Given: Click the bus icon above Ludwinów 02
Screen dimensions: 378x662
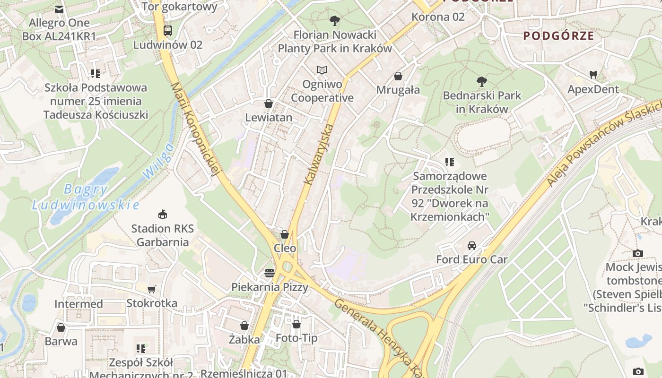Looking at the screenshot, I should (x=167, y=31).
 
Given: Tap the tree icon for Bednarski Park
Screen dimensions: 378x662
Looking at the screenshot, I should (x=482, y=82).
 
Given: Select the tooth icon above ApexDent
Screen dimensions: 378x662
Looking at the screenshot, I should (x=593, y=75).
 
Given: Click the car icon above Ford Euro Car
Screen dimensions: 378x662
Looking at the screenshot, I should (x=471, y=246).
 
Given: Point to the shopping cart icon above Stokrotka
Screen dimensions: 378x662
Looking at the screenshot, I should (x=151, y=289).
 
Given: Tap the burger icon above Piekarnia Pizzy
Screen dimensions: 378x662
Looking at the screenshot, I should (x=270, y=273).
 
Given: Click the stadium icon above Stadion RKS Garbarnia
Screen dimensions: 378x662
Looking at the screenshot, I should (x=163, y=215).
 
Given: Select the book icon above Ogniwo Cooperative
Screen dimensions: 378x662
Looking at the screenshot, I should (x=322, y=70).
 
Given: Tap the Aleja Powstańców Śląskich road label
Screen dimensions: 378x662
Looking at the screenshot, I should (x=604, y=144).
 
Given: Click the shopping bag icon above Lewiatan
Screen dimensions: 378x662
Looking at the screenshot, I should (x=269, y=103).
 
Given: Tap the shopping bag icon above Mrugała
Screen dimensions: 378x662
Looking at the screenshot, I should (x=398, y=76).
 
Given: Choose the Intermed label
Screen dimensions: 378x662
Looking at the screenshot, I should (x=78, y=304).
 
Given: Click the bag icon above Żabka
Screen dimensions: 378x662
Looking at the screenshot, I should (x=244, y=326).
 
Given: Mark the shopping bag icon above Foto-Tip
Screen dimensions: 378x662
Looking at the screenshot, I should (x=296, y=324).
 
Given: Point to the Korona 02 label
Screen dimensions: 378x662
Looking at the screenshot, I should (x=438, y=17).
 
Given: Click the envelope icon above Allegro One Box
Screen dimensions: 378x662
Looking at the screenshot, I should (x=59, y=9).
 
